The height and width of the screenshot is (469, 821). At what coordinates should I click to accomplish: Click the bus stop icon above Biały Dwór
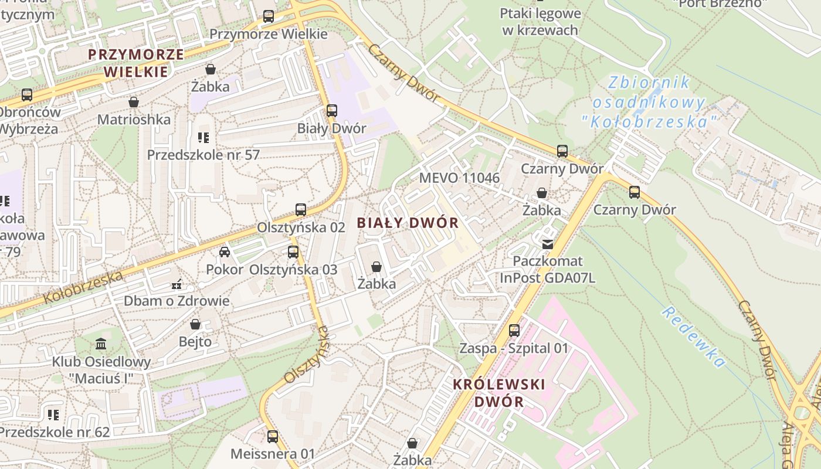[x=332, y=110]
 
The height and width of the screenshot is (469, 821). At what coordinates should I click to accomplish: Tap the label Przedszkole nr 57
[x=203, y=155]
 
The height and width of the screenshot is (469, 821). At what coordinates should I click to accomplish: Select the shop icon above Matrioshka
[x=134, y=102]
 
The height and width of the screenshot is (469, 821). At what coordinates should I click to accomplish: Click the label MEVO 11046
[x=459, y=178]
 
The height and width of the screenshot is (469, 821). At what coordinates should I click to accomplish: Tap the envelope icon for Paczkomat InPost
[x=548, y=244]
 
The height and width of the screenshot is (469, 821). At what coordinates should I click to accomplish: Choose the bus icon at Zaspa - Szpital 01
[x=514, y=330]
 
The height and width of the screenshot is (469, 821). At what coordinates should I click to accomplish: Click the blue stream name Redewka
[x=694, y=337]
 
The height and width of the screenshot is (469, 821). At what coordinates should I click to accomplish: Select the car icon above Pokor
[x=224, y=252]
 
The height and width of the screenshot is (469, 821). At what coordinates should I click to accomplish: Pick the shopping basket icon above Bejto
[x=195, y=324]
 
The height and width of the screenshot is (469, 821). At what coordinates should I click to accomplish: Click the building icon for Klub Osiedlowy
[x=101, y=344]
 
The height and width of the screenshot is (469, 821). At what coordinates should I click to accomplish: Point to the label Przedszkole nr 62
[x=55, y=433]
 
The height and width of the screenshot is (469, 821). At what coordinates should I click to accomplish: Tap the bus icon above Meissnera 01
[x=272, y=436]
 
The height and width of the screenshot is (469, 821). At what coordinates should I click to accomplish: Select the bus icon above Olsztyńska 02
[x=301, y=209]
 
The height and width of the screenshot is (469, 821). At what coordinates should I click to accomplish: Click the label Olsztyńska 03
[x=293, y=270]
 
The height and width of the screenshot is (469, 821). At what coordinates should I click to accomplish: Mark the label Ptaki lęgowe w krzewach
[x=540, y=22]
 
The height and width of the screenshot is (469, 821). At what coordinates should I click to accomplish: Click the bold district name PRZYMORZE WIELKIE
[x=135, y=63]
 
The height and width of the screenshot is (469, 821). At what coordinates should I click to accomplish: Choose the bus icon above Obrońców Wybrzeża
[x=27, y=94]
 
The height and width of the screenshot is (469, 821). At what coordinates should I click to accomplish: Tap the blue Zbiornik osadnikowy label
[x=649, y=102]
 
